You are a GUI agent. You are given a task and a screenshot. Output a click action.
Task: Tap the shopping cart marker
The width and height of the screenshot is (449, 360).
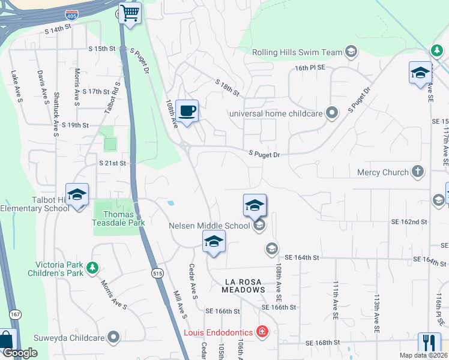pos(130,13)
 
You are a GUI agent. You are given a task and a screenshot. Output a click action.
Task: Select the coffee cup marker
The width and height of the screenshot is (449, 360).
pos(187,111)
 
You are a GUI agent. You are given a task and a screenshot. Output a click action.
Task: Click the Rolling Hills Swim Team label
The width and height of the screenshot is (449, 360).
pos(297,52)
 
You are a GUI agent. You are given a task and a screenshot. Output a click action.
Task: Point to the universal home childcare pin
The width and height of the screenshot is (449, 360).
pos(331,113)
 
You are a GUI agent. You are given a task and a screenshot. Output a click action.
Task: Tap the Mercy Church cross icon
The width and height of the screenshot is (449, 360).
pos(418,172)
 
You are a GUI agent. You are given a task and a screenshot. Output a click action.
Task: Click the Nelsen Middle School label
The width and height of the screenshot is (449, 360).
pos(209,226)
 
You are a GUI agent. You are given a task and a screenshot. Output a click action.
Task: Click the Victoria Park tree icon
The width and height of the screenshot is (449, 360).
pos(92,266)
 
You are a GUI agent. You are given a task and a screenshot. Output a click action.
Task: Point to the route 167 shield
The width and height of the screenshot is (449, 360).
pos(14,314)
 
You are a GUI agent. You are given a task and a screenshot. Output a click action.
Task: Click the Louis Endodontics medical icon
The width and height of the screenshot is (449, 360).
pos(262,331)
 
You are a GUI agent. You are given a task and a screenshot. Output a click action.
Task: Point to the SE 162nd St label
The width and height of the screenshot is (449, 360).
pos(407,222)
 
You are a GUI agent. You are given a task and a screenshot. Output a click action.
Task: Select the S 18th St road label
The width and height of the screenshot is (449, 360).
pos(228,88)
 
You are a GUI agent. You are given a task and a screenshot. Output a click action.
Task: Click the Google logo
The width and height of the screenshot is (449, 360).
pos(20,353)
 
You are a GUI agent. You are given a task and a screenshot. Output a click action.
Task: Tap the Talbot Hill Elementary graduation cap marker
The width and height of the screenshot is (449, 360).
pos(77,195)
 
